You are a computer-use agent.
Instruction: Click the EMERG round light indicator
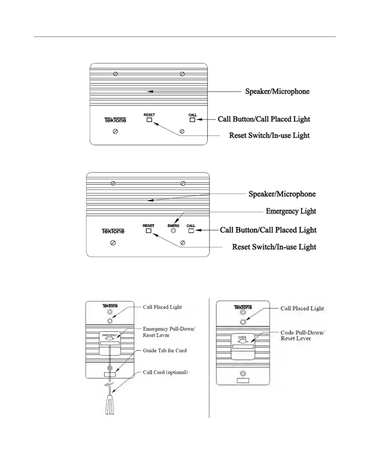[x=173, y=231]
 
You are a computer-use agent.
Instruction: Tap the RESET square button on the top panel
[x=149, y=120]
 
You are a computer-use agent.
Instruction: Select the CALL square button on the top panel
[x=192, y=120]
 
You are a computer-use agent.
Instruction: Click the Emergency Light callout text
[x=291, y=211]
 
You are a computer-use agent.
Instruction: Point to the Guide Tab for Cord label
[x=164, y=350]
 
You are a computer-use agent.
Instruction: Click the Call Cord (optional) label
[x=165, y=372]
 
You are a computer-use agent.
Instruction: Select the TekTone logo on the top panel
[x=115, y=120]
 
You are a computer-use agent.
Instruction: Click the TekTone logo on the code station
[x=243, y=307]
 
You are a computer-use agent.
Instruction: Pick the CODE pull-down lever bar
[x=243, y=347]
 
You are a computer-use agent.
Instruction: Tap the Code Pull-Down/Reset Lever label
[x=302, y=335]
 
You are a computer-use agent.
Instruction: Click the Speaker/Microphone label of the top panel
[x=277, y=92]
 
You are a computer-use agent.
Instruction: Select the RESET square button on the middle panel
[x=149, y=231]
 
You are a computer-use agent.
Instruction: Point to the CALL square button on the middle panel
[x=191, y=231]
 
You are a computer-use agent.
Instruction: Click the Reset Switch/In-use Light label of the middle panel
[x=274, y=247]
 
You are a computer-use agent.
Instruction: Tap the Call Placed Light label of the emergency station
[x=162, y=307]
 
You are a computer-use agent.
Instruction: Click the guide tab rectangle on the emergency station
[x=110, y=374]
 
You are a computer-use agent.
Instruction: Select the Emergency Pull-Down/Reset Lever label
[x=169, y=332]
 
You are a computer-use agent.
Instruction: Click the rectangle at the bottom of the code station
[x=243, y=381]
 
